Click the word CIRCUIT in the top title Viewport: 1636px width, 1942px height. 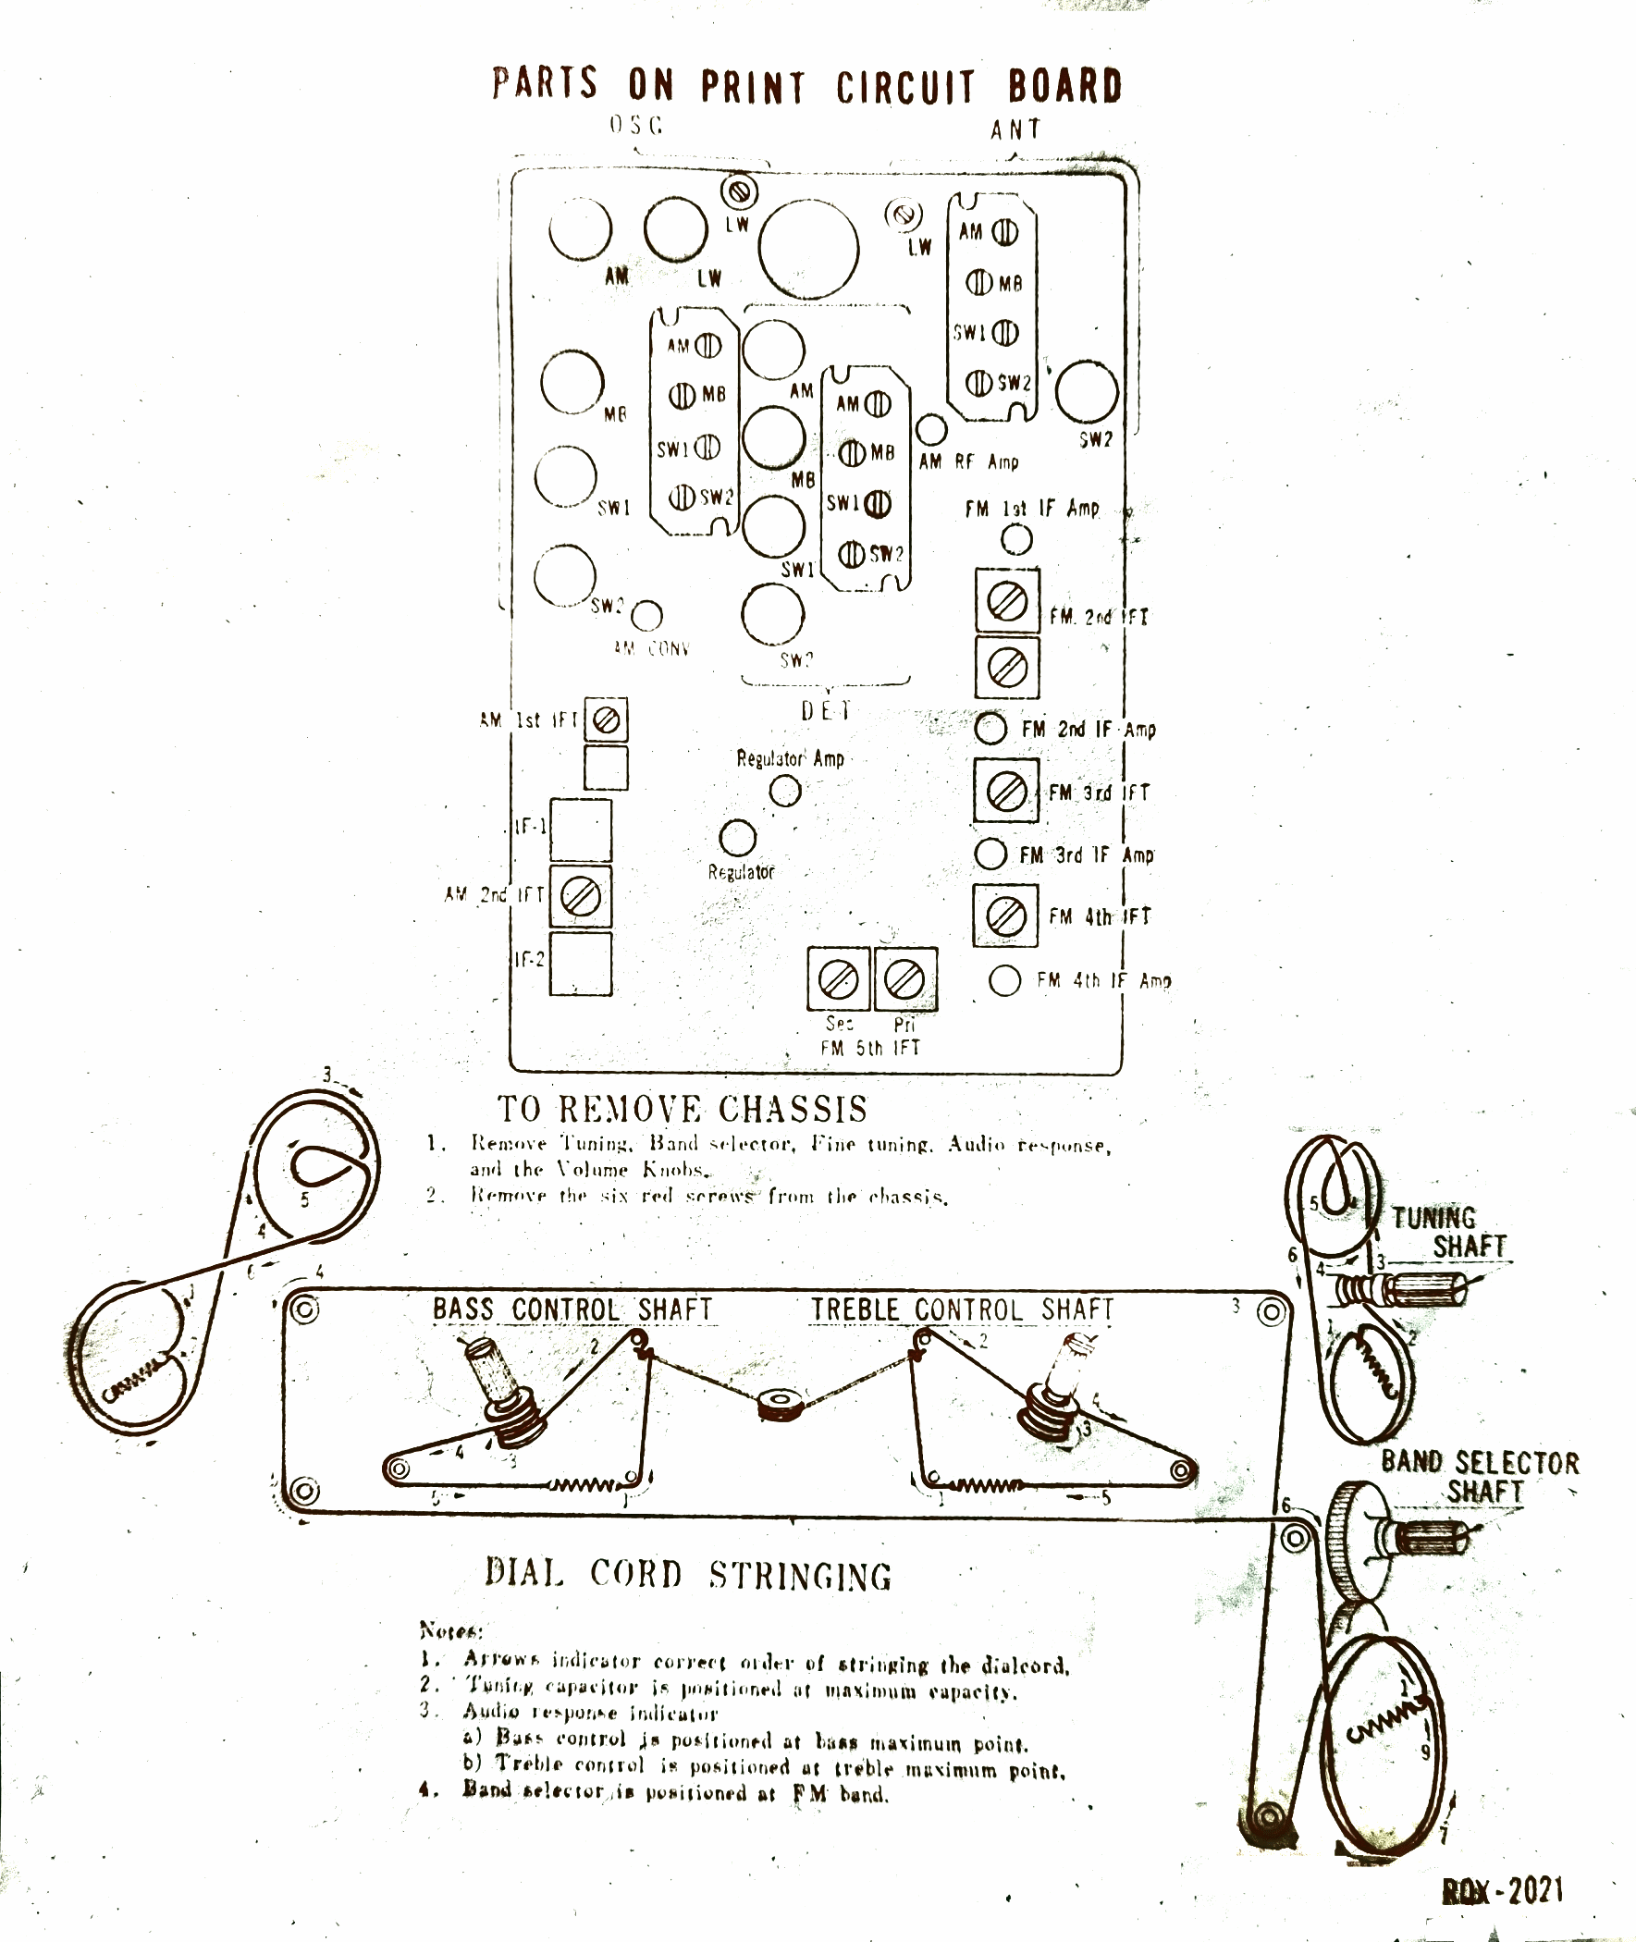(x=905, y=87)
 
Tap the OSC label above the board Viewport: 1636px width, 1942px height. (x=636, y=125)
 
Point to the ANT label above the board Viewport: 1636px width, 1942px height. (x=1015, y=129)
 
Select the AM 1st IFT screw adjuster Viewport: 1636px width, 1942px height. (x=606, y=719)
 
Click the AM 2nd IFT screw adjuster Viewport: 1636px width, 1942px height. (x=581, y=896)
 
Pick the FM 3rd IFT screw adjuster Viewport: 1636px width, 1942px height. (x=1005, y=791)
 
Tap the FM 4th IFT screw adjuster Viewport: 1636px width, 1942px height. (x=1005, y=916)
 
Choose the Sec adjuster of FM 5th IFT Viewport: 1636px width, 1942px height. (x=840, y=978)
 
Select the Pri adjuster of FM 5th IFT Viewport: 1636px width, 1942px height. (x=905, y=978)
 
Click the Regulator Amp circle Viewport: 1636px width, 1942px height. (x=785, y=791)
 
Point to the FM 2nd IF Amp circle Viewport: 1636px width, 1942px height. (x=990, y=728)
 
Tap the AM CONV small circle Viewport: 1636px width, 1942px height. (x=647, y=614)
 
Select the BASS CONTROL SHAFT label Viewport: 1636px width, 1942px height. (x=572, y=1309)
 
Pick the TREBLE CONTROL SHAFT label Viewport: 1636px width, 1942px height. (x=962, y=1309)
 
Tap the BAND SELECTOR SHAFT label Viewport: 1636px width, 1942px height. (x=1481, y=1477)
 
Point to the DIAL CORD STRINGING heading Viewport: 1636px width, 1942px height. (x=687, y=1575)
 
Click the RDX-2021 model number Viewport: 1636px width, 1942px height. (x=1504, y=1889)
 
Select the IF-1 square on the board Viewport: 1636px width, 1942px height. (x=581, y=830)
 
